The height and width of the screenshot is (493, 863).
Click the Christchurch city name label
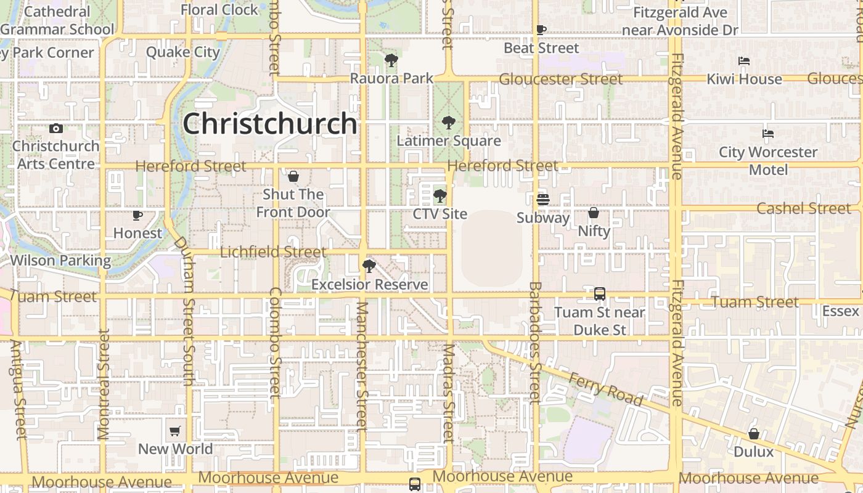[x=270, y=123]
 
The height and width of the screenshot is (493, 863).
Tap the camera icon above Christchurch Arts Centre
[x=56, y=128]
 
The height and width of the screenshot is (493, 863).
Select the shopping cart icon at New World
[x=175, y=431]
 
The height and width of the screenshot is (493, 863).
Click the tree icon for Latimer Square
[x=448, y=123]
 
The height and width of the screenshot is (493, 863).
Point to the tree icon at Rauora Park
[x=391, y=60]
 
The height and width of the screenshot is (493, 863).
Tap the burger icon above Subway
[x=542, y=200]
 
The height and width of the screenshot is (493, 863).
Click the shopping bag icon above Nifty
[x=594, y=213]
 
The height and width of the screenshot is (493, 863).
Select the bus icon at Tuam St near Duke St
[x=600, y=294]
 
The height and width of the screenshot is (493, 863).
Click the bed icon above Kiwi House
[x=744, y=61]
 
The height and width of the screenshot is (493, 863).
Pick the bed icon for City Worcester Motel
[x=767, y=133]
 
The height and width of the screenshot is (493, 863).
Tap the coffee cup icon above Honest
[x=137, y=215]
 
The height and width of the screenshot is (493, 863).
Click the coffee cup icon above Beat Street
[x=541, y=30]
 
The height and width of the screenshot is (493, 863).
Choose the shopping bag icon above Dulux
[x=753, y=434]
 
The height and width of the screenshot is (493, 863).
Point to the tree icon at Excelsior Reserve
[x=369, y=266]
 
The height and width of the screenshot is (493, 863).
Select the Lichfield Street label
[x=273, y=251]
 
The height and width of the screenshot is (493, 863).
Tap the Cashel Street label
[x=803, y=208]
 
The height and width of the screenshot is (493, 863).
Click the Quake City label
[x=183, y=52]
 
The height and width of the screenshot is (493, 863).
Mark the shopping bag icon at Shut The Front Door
[x=293, y=177]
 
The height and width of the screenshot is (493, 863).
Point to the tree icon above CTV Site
[x=440, y=197]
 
